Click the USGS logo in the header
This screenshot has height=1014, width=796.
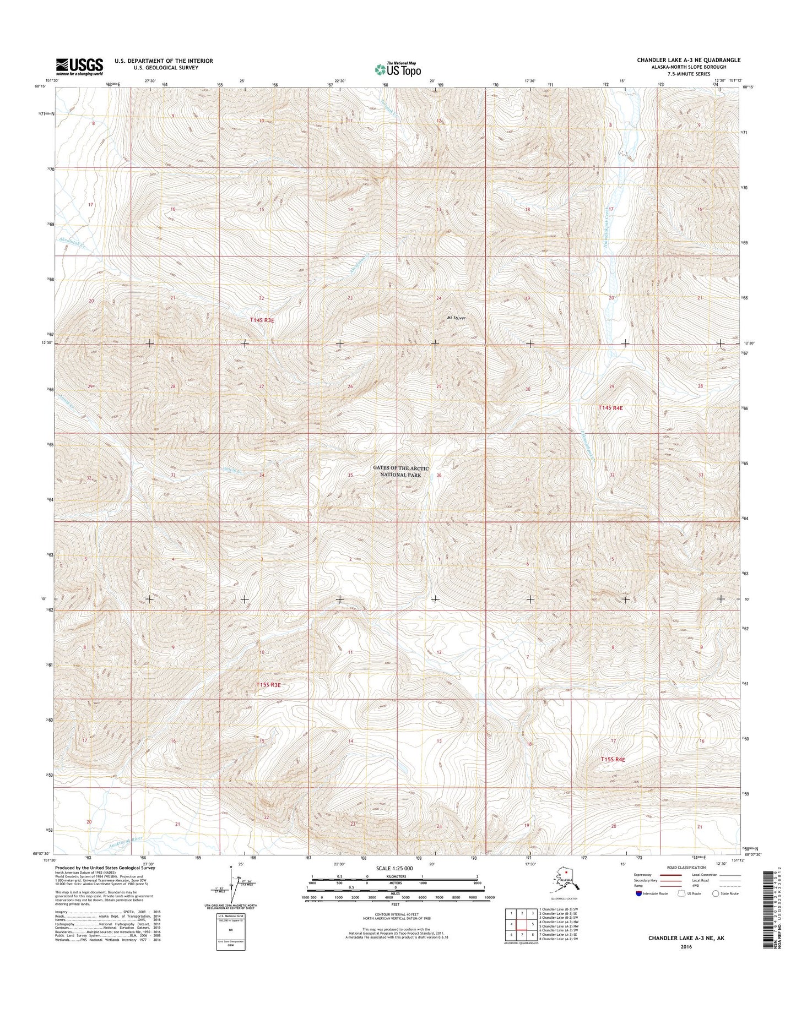79,67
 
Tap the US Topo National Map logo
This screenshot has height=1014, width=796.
398,69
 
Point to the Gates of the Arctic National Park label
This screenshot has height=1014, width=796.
400,471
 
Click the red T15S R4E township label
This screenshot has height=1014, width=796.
613,760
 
